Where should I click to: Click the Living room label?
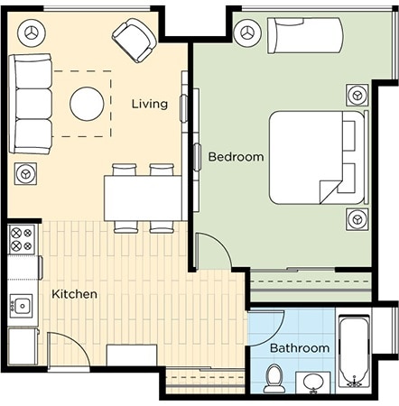(x=150, y=104)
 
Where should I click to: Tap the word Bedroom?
(x=237, y=157)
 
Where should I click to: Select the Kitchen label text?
(x=75, y=294)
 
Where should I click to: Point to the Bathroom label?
(x=300, y=348)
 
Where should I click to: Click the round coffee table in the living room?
(x=87, y=104)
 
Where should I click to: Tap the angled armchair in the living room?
(x=135, y=41)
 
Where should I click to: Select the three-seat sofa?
(x=30, y=104)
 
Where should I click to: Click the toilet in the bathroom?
(x=274, y=379)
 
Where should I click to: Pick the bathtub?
(x=354, y=351)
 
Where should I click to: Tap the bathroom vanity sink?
(x=313, y=383)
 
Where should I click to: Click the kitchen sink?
(x=21, y=306)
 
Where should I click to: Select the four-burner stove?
(x=22, y=240)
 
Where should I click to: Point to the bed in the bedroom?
(x=319, y=157)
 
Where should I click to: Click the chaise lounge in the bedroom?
(x=305, y=35)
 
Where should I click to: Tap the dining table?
(x=144, y=198)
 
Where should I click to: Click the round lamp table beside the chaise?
(x=247, y=32)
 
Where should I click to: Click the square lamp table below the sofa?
(x=25, y=174)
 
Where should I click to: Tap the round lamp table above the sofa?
(x=32, y=32)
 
